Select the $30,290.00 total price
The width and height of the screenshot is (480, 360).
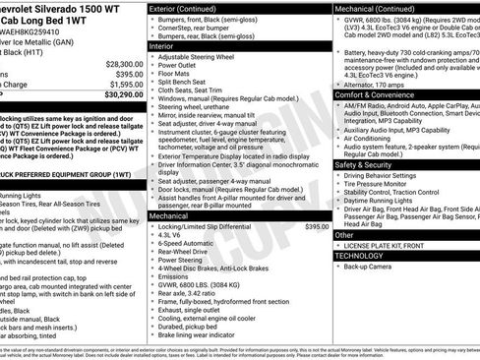click(x=117, y=95)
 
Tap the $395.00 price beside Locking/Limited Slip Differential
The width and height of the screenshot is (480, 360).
click(x=316, y=226)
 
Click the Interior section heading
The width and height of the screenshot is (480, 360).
click(x=162, y=45)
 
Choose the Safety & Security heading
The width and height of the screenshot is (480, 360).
click(x=363, y=164)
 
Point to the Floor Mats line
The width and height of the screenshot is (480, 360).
click(x=175, y=73)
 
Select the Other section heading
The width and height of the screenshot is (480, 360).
click(x=344, y=234)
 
